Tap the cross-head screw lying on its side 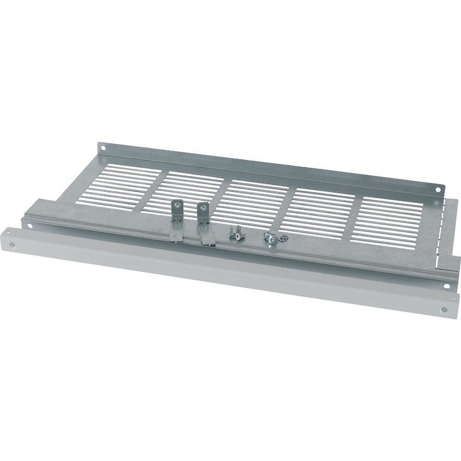[x=235, y=233]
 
